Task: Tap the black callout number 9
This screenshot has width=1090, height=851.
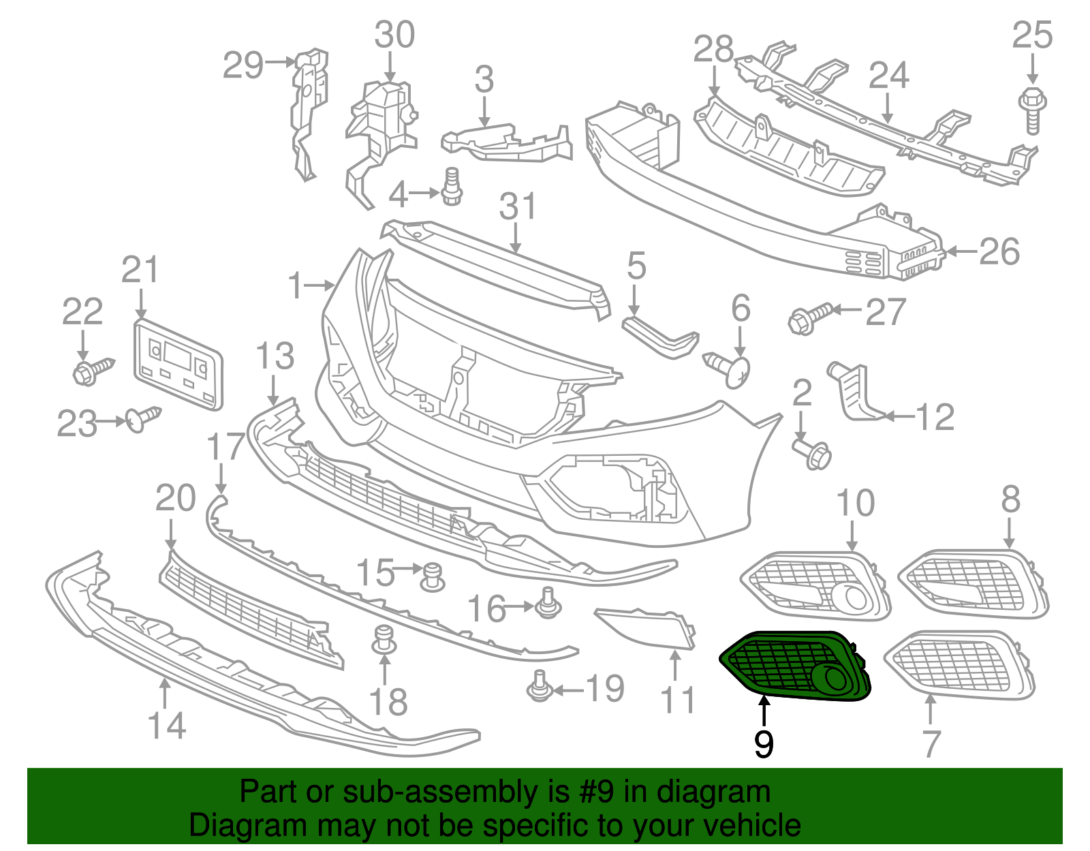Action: coord(764,744)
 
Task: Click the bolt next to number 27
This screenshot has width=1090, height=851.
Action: coord(809,318)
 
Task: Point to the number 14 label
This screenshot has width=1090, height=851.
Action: coord(167,726)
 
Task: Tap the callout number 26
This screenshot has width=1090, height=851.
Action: coord(999,252)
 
